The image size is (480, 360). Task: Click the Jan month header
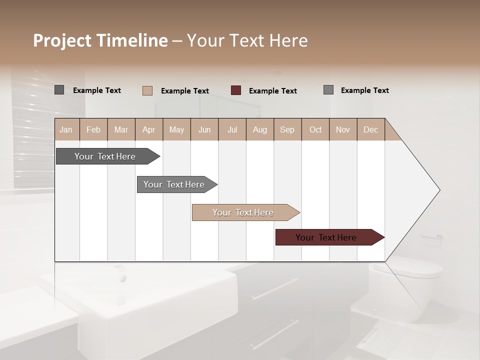pyautogui.click(x=66, y=129)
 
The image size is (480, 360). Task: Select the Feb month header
pyautogui.click(x=93, y=129)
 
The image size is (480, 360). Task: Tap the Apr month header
pyautogui.click(x=149, y=129)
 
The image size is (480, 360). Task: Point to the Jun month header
pyautogui.click(x=204, y=129)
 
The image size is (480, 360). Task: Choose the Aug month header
pyautogui.click(x=260, y=129)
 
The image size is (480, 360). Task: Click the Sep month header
pyautogui.click(x=287, y=129)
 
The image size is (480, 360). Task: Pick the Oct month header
pyautogui.click(x=315, y=129)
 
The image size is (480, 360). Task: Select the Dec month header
pyautogui.click(x=371, y=129)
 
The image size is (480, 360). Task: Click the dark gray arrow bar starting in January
pyautogui.click(x=105, y=156)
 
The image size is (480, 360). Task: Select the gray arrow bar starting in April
pyautogui.click(x=174, y=184)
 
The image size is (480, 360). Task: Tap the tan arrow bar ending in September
pyautogui.click(x=243, y=212)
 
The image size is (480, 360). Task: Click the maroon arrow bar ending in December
pyautogui.click(x=326, y=237)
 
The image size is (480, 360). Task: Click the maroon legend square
pyautogui.click(x=236, y=90)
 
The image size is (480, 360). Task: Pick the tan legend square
pyautogui.click(x=147, y=90)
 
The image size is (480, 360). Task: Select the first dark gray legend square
pyautogui.click(x=59, y=90)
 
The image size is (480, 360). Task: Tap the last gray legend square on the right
pyautogui.click(x=328, y=90)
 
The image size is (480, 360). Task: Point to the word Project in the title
pyautogui.click(x=61, y=40)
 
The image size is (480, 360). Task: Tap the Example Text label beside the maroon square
pyautogui.click(x=273, y=91)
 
